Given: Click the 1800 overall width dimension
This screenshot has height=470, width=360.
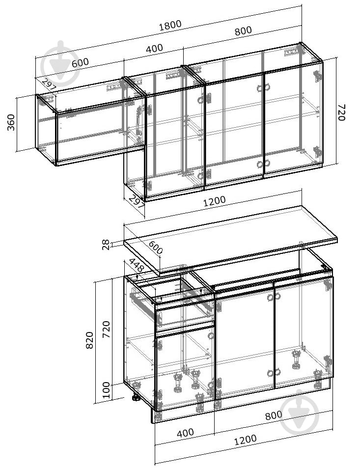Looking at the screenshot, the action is tap(170, 25).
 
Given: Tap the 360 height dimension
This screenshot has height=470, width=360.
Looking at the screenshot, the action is tap(11, 122).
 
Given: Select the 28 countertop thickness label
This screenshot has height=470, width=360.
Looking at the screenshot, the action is tap(106, 245).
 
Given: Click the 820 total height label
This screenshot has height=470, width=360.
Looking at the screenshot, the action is tap(89, 340).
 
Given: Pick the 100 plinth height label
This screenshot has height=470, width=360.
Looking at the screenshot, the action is tap(107, 390).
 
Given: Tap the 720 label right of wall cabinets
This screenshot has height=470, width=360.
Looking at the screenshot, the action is tap(341, 112).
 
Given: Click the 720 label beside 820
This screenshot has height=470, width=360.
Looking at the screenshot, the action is tap(107, 330).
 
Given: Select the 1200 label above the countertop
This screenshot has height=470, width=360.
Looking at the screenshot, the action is tap(214, 201).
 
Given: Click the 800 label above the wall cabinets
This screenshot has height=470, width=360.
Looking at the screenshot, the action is tap(243, 31).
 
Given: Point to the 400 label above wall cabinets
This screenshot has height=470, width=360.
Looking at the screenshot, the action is tap(154, 49).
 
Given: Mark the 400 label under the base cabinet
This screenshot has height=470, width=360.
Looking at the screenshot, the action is tap(185, 433).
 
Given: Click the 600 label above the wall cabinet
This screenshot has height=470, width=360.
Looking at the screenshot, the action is tap(81, 63).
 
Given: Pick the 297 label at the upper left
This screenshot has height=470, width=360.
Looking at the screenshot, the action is tap(49, 85).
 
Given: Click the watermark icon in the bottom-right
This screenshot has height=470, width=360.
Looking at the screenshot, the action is tap(300, 412).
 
